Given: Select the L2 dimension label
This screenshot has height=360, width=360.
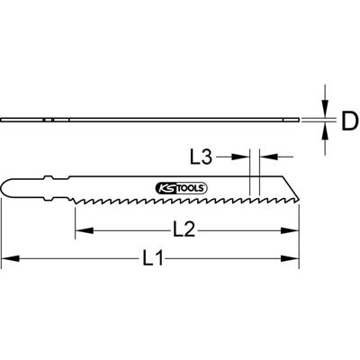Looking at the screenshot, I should coord(184,229).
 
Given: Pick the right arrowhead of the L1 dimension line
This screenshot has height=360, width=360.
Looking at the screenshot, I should coord(293,261).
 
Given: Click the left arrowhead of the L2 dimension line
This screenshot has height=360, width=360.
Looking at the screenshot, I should coord(81,230).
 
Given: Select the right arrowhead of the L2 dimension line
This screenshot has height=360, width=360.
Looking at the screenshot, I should coord(293,230).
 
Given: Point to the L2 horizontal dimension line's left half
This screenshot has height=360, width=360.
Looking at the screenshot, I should coord(121,230).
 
